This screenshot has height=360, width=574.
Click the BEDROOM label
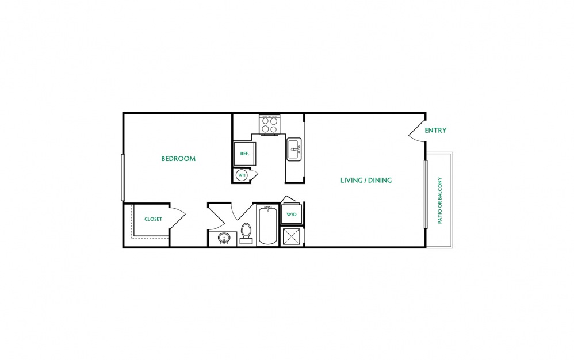coord(178,158)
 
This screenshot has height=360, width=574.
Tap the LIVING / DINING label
coord(366,180)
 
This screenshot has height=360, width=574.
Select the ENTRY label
coord(435,130)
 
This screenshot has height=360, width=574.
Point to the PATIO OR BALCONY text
coord(439,201)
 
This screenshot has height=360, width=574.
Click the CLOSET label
coord(153,219)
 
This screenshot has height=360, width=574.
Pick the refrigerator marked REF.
coord(244,154)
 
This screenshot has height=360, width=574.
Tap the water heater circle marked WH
coord(242,175)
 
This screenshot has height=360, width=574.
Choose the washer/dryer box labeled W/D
coord(292,214)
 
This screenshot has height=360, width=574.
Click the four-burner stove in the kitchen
coord(269,124)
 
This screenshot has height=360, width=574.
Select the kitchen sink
coord(294,149)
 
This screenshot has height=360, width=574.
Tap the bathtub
coord(268,225)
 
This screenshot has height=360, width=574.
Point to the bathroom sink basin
coord(224,239)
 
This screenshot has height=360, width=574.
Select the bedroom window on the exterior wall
coord(123,178)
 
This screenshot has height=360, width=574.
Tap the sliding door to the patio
coord(426,194)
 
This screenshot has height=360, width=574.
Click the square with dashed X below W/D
coord(292,236)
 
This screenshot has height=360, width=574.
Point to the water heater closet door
coord(253,174)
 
